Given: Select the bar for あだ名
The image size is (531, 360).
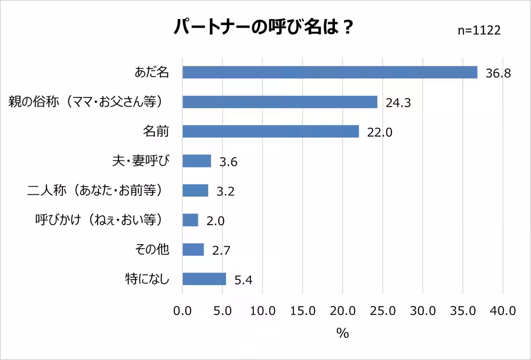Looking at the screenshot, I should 330,73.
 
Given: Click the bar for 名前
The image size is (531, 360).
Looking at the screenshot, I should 270,131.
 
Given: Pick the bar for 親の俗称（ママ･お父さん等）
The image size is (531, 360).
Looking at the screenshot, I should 280,102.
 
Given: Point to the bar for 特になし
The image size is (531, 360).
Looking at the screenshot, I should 204,279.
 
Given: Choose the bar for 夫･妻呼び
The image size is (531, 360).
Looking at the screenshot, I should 196,161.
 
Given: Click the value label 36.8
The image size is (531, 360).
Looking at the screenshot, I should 498,73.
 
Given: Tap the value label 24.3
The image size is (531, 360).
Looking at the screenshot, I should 398,103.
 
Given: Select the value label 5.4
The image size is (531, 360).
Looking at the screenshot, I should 243,280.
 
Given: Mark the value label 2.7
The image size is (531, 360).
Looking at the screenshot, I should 221,250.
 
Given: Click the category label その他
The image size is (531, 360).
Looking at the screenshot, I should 152,249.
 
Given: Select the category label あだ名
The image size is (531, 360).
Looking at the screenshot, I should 152,73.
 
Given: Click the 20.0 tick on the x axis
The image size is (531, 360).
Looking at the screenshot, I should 342,311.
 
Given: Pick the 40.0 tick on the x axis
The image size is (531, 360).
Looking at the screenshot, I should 503,311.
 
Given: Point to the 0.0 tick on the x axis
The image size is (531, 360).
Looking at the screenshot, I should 182,311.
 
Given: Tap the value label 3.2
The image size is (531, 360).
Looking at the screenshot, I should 225,191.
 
